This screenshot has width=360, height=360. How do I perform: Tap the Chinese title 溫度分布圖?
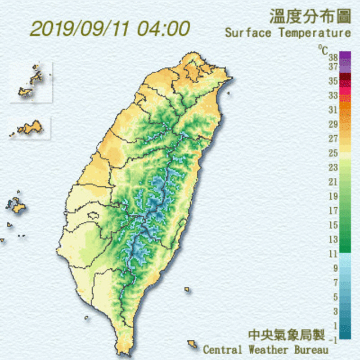(309, 15)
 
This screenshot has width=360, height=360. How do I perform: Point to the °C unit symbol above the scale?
(323, 49)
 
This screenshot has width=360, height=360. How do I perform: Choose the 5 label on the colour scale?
(335, 297)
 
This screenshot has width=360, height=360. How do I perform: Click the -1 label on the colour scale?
(334, 339)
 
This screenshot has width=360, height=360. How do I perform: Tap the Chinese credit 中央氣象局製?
(287, 335)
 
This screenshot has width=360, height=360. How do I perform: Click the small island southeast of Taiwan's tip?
(192, 344)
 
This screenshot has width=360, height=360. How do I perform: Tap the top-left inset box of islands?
(31, 83)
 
